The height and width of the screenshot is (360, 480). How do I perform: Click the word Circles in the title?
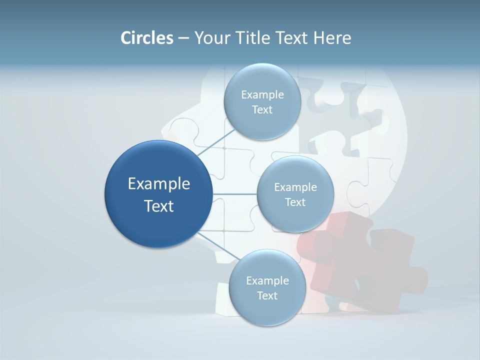pos(146,38)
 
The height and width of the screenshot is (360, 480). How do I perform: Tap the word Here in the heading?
pos(332,38)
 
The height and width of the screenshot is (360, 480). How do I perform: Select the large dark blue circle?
pos(158,194)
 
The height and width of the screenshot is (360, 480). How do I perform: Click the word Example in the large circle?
pos(159,184)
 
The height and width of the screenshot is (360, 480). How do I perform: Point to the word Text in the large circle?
pos(159,206)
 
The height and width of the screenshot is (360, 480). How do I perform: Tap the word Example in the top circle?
pos(262,95)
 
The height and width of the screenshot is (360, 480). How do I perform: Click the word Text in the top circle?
pos(262,110)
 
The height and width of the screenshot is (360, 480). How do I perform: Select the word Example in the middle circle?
pos(295,187)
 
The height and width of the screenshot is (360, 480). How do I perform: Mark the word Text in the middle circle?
pos(295,202)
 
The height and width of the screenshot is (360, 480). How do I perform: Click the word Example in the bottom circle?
pos(267,281)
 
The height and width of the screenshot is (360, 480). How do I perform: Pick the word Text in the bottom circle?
pos(267,296)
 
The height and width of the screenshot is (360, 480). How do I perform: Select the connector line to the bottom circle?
pos(218,247)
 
